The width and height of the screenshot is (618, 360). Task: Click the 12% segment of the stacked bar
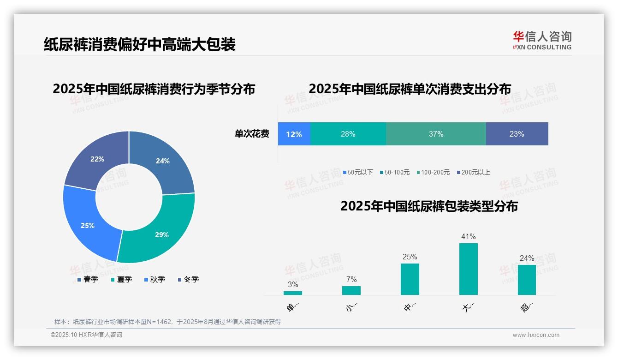294,134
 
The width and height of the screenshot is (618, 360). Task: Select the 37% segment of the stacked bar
436,134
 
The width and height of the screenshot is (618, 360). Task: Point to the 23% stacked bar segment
517,134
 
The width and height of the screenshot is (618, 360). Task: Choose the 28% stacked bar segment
348,134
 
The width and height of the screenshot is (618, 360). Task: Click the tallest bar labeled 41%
468,269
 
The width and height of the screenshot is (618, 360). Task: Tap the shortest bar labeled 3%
293,293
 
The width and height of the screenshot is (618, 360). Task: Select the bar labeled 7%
351,290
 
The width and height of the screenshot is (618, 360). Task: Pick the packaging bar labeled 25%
410,279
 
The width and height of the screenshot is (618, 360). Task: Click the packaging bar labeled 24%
527,280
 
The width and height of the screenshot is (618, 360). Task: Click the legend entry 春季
88,280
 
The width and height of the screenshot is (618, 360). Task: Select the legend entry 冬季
188,280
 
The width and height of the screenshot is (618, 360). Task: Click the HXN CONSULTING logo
542,41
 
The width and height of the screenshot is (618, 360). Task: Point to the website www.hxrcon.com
536,335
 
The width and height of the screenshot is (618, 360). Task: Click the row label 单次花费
252,134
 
